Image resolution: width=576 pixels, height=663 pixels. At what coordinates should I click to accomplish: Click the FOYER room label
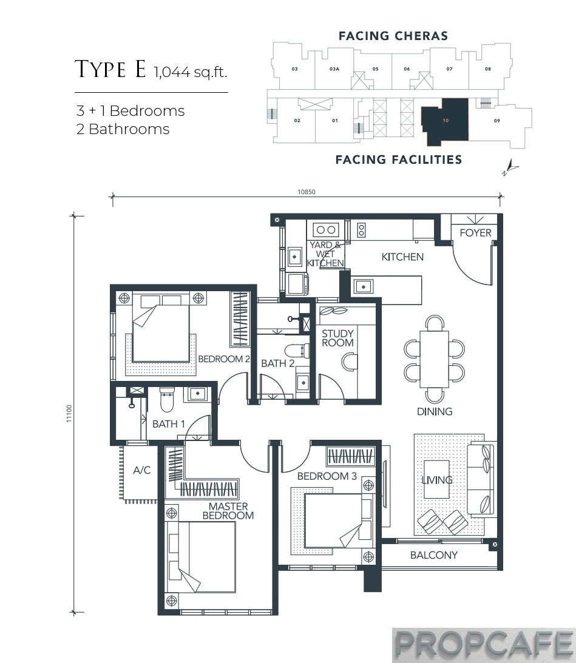pyautogui.click(x=475, y=233)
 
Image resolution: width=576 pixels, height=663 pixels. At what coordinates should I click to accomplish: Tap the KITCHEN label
pyautogui.click(x=402, y=257)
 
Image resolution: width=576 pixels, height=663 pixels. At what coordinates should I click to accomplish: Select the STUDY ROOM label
pyautogui.click(x=337, y=338)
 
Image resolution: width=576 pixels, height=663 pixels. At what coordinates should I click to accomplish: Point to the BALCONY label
pyautogui.click(x=433, y=555)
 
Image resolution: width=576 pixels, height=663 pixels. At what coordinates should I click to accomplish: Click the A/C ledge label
pyautogui.click(x=141, y=469)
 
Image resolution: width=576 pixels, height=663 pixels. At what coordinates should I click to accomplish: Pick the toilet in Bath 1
pyautogui.click(x=167, y=398)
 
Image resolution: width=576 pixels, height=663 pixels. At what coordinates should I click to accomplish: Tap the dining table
pyautogui.click(x=434, y=358)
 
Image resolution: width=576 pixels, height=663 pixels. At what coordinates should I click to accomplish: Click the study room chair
pyautogui.click(x=350, y=362)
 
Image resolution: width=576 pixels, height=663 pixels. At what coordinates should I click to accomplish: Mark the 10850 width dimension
pyautogui.click(x=306, y=192)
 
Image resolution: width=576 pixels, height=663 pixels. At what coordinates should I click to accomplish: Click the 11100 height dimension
pyautogui.click(x=70, y=413)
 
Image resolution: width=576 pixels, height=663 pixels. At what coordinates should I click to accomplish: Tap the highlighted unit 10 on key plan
pyautogui.click(x=445, y=121)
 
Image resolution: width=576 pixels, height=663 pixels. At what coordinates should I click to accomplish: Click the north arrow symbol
pyautogui.click(x=509, y=167)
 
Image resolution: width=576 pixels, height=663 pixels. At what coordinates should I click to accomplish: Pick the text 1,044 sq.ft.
pyautogui.click(x=190, y=73)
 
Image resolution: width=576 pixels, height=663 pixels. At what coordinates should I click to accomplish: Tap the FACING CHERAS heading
pyautogui.click(x=393, y=36)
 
